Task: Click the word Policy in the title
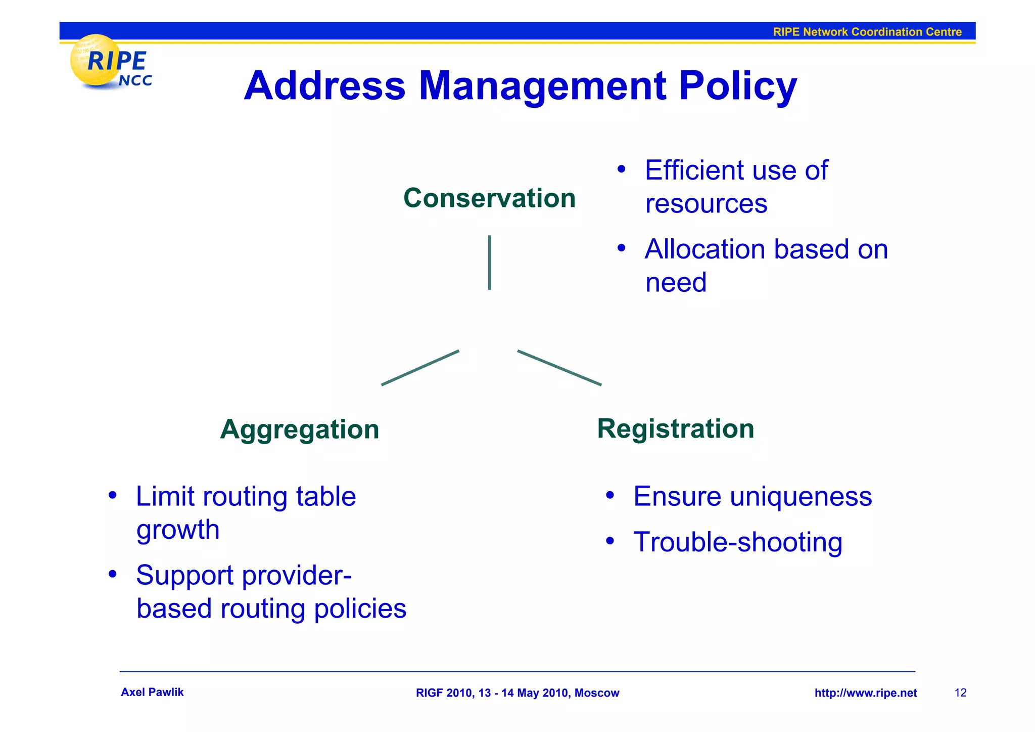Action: (x=737, y=86)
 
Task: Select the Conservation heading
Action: (x=489, y=198)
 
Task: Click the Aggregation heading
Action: (x=300, y=429)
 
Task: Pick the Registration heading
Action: (x=675, y=429)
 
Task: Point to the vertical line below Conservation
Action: (x=489, y=263)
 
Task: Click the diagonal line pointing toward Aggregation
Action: (x=420, y=368)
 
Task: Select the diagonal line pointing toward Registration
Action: (x=559, y=368)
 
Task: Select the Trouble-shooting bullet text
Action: (x=737, y=542)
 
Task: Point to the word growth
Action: (x=178, y=530)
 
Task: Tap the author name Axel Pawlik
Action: (x=152, y=693)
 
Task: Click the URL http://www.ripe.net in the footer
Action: (x=865, y=693)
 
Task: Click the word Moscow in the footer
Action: (x=596, y=693)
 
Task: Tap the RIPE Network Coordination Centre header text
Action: (x=867, y=32)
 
